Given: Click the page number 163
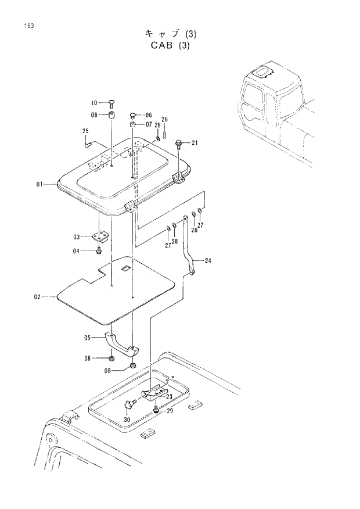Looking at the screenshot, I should pos(28,25).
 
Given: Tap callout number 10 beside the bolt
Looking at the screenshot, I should pos(95,102).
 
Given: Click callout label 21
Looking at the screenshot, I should pos(194,142).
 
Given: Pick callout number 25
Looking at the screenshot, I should pos(85,131).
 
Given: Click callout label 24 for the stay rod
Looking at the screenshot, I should pos(207,260).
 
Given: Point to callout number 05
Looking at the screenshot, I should pos(88,337).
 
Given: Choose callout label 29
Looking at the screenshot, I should pos(170,411).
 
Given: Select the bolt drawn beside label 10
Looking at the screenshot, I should pos(111,103).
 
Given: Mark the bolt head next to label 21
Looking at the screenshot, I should pos(179,142).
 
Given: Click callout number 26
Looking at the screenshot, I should pos(164,120).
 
